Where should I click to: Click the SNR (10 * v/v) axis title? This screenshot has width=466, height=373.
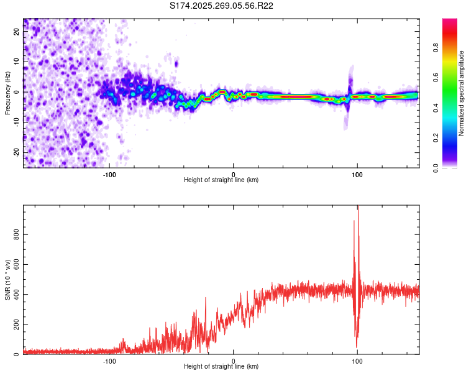pyautogui.click(x=7, y=280)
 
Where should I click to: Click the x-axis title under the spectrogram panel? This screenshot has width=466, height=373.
pyautogui.click(x=221, y=180)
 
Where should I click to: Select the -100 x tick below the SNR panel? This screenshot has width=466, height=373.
pyautogui.click(x=109, y=361)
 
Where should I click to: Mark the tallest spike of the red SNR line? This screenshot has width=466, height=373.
pyautogui.click(x=358, y=208)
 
